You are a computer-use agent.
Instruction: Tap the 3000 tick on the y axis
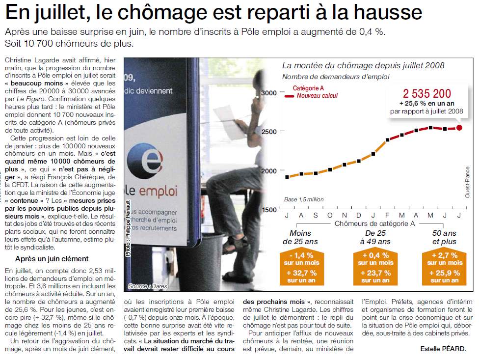269,93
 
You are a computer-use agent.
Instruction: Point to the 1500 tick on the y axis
269,210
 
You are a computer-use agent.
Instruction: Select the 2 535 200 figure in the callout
426,93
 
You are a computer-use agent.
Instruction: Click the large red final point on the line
459,128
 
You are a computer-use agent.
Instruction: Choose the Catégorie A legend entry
308,88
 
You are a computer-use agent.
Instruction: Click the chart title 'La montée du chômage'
363,65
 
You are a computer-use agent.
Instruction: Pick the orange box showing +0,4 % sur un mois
374,259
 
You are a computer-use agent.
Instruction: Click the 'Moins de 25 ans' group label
300,237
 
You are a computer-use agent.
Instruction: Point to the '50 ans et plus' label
444,237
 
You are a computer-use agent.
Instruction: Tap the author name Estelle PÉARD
443,349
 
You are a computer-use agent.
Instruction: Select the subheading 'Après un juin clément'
52,259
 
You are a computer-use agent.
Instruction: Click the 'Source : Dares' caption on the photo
145,286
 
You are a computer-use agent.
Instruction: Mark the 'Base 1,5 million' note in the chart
304,199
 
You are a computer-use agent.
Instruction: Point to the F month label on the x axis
387,215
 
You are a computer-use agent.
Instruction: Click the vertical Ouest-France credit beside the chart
467,182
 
